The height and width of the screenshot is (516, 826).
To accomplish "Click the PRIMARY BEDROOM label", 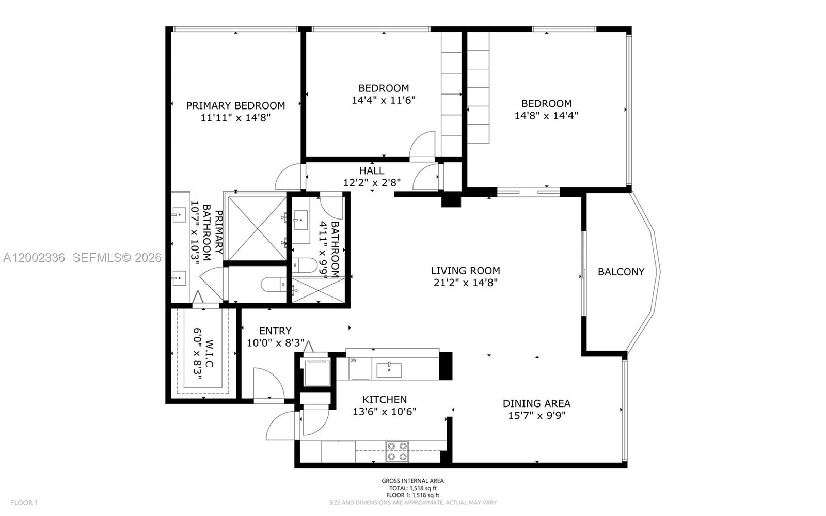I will pyautogui.click(x=235, y=105).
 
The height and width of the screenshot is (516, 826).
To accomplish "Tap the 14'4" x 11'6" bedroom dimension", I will pyautogui.click(x=383, y=100).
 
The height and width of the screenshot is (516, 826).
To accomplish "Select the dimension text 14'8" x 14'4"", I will pyautogui.click(x=546, y=116).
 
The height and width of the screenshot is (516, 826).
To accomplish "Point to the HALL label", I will pyautogui.click(x=372, y=170).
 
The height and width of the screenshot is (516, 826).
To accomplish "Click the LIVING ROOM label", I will pyautogui.click(x=465, y=270).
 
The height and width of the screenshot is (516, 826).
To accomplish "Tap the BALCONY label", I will pyautogui.click(x=621, y=272).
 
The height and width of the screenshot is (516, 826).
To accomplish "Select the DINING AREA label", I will pyautogui.click(x=536, y=403).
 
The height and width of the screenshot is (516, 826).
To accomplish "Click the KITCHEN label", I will pyautogui.click(x=385, y=399).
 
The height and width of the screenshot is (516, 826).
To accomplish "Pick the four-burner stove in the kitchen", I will pyautogui.click(x=397, y=451).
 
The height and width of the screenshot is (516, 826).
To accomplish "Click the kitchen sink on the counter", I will pyautogui.click(x=389, y=369).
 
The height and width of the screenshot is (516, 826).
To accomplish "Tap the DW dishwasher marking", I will pyautogui.click(x=353, y=361).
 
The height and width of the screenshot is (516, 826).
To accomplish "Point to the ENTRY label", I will pyautogui.click(x=275, y=331).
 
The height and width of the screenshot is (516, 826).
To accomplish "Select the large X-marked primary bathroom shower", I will pyautogui.click(x=257, y=228).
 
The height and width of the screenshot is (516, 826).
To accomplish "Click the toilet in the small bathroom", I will pyautogui.click(x=305, y=265).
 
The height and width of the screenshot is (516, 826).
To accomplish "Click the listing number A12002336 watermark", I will pyautogui.click(x=34, y=257).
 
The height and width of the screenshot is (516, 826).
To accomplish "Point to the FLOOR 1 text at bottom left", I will pyautogui.click(x=25, y=503).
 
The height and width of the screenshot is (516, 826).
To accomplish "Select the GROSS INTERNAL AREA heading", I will pyautogui.click(x=412, y=481).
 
